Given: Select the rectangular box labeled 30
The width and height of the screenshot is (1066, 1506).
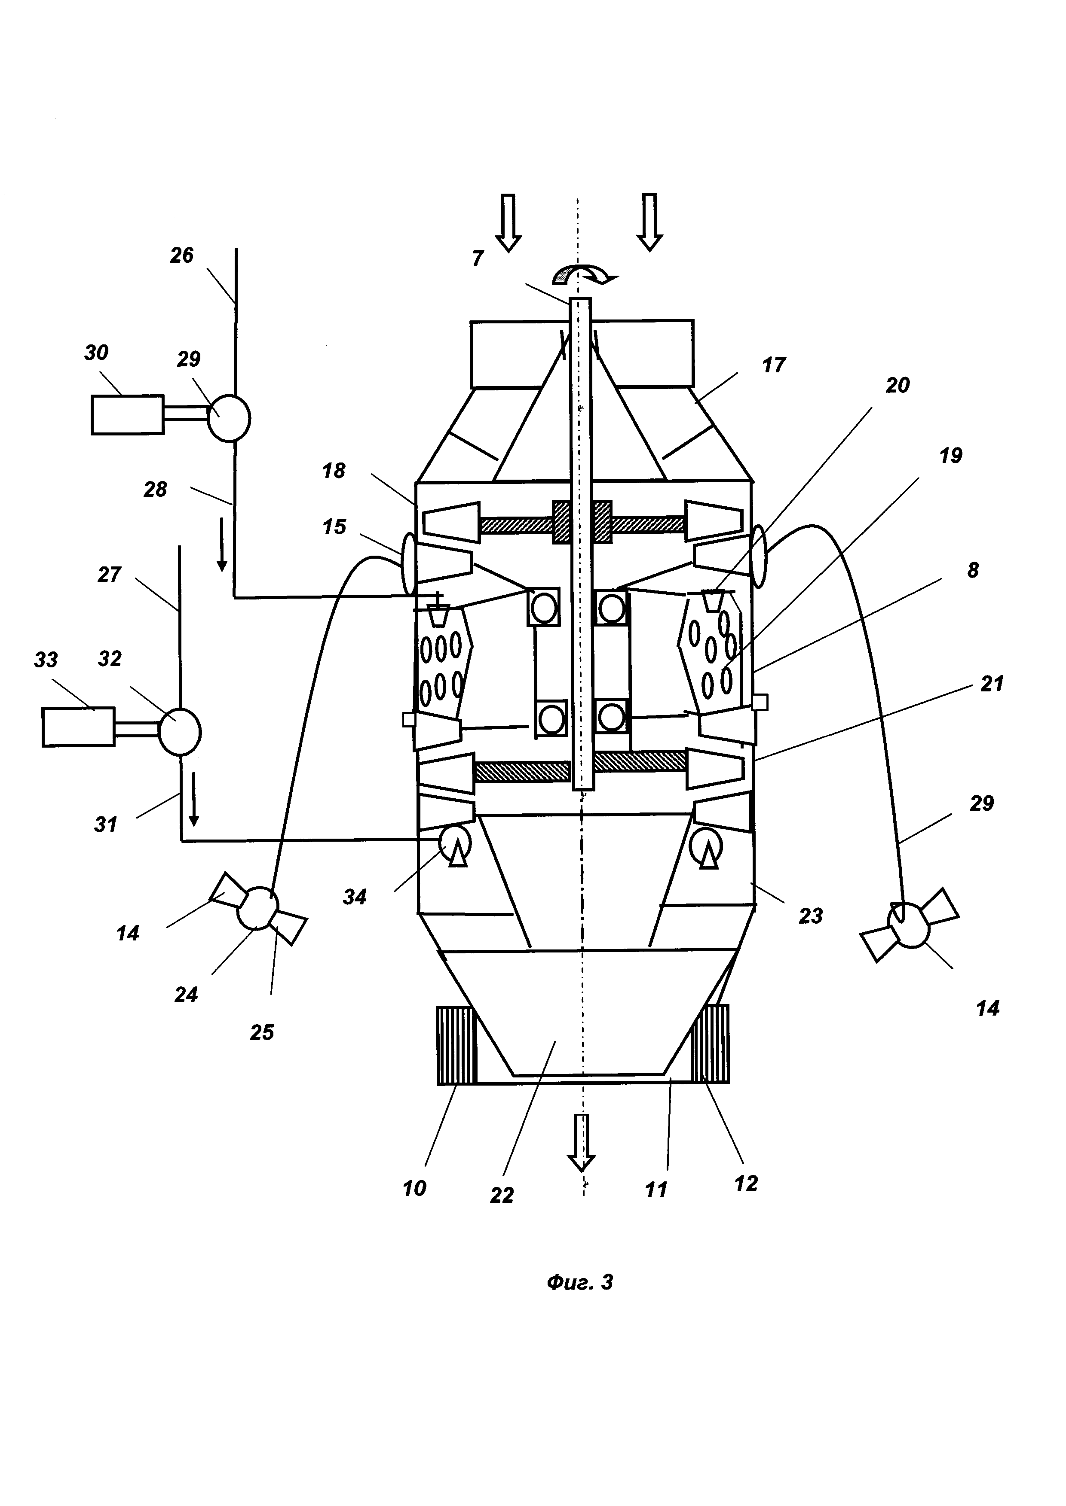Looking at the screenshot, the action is pos(127,414).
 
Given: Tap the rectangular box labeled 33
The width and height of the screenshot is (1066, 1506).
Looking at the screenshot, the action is pos(79,727).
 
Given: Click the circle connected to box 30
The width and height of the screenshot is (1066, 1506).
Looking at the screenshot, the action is pos(229,417).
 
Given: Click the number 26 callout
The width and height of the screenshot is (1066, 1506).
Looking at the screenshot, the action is pos(182,255).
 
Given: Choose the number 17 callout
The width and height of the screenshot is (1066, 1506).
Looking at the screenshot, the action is pos(774,365).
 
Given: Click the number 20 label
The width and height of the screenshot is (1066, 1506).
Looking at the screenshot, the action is pos(898,385).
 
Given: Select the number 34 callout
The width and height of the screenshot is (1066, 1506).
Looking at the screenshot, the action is pos(355,897).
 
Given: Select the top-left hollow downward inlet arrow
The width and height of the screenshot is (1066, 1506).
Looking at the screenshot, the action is pos(508,223).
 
